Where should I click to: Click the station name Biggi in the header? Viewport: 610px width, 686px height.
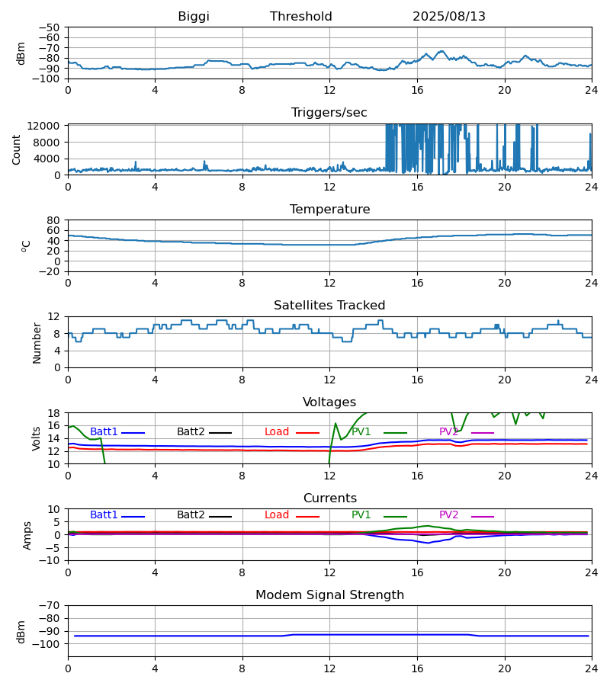click(x=194, y=17)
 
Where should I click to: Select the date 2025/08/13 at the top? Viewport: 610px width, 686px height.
click(x=449, y=17)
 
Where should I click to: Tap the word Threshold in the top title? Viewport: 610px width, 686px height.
click(x=301, y=17)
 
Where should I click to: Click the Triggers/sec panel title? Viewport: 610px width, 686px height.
click(x=329, y=113)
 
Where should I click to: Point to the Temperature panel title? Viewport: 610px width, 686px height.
click(x=329, y=210)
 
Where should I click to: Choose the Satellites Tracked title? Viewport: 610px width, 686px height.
click(x=329, y=306)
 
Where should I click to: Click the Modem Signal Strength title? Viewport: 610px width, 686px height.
click(x=329, y=595)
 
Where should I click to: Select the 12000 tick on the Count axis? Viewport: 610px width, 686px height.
click(x=47, y=126)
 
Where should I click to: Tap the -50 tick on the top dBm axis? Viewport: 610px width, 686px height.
click(x=50, y=27)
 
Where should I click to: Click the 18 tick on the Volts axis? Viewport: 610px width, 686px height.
click(x=54, y=413)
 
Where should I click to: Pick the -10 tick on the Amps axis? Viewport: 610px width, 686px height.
click(x=50, y=560)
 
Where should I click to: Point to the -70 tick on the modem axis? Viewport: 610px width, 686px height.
click(x=50, y=606)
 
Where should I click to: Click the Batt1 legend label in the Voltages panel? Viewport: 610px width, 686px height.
click(x=104, y=432)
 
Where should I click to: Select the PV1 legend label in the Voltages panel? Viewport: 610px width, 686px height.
click(x=361, y=432)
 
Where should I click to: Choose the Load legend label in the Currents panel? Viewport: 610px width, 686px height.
click(x=277, y=515)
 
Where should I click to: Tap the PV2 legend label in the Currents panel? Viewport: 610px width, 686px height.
click(x=449, y=515)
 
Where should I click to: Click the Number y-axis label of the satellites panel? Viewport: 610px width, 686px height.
click(x=37, y=342)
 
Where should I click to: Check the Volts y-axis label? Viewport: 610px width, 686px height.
click(x=37, y=438)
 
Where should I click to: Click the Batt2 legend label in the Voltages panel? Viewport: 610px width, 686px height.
click(x=191, y=432)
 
